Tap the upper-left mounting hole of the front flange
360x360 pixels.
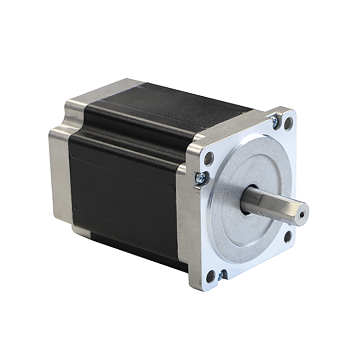209,158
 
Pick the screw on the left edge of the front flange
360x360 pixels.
199,178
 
